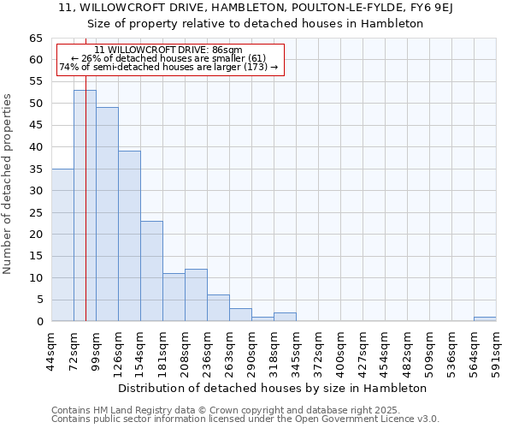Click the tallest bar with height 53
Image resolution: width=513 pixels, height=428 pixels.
tap(85, 205)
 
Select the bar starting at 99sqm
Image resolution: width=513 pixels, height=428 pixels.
tap(107, 214)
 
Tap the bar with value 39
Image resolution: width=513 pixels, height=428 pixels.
tap(129, 235)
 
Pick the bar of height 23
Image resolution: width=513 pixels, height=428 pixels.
tap(151, 270)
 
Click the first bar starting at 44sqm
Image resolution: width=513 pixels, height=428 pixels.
tap(62, 245)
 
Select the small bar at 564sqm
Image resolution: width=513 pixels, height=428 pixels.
tap(485, 319)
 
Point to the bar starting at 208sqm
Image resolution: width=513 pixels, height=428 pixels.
tap(196, 295)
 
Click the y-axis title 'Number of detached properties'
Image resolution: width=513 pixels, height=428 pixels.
tap(8, 183)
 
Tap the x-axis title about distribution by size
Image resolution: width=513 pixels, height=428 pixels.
tap(273, 388)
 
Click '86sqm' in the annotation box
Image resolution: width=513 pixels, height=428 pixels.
tap(227, 51)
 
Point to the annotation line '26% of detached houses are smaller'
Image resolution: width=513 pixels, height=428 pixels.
tap(168, 58)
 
